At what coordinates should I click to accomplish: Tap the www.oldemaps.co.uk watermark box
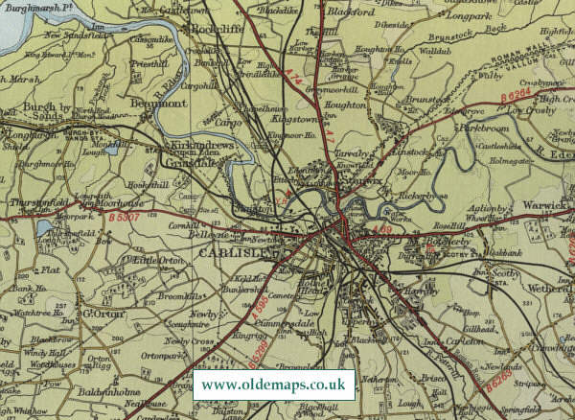click(x=274, y=385)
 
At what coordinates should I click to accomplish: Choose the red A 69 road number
click(x=381, y=230)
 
